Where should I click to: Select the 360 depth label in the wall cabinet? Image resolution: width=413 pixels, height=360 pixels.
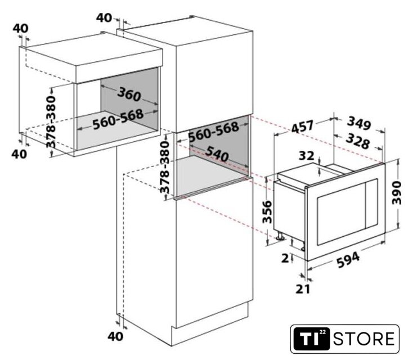point(131,94)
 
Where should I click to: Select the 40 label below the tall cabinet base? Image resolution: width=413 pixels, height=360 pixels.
point(115,336)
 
